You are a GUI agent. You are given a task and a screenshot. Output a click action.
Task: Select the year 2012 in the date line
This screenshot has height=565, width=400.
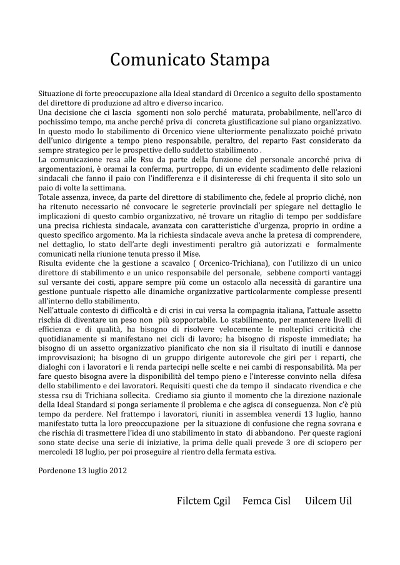tap(117, 470)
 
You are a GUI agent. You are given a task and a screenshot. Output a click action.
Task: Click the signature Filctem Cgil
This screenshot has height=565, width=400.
tap(204, 501)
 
